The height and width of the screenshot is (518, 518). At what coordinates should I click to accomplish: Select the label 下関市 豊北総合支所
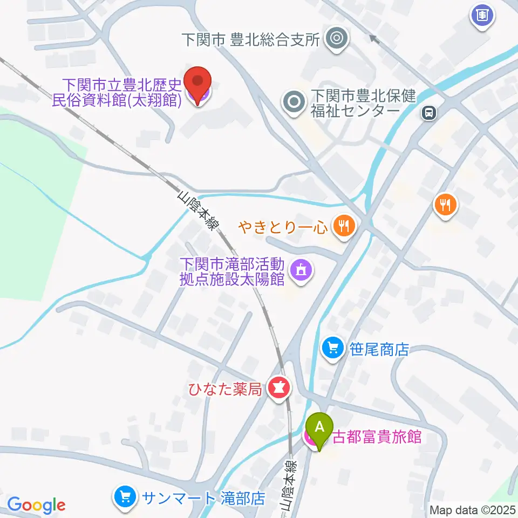coord(251,39)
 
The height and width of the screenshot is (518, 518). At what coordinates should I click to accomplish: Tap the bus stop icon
coord(429,112)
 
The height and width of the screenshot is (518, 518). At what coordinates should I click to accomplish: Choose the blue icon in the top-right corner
coord(482,15)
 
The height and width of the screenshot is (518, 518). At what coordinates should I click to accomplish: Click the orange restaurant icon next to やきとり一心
coord(343,226)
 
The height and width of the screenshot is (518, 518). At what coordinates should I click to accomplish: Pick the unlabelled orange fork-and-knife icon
coord(445,205)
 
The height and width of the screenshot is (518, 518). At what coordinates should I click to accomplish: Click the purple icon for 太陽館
coord(300,271)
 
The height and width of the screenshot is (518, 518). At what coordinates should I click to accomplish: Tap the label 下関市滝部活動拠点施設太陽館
coord(232,272)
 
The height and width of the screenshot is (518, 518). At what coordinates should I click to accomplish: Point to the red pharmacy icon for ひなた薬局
coord(278,388)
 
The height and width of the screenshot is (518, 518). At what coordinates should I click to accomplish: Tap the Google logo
coord(36,506)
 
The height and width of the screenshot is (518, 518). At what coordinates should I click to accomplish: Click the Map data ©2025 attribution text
coord(472,509)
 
